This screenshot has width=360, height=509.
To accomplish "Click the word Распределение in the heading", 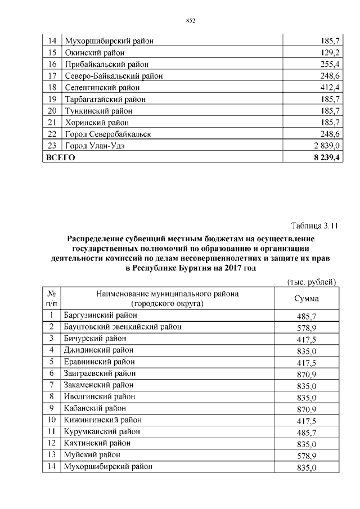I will tap(95, 238).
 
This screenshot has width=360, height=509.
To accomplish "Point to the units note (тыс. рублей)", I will tap(311, 281).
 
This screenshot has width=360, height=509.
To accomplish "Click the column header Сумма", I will tap(307, 299).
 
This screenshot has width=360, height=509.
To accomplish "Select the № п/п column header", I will tap(51, 299).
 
